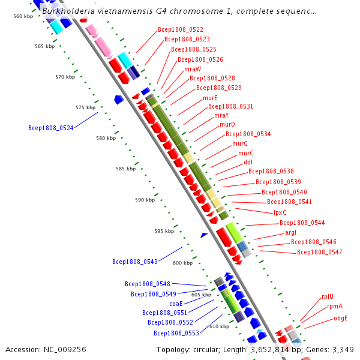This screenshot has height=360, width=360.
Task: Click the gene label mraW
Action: (193, 69)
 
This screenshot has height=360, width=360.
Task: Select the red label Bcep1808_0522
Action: (181, 29)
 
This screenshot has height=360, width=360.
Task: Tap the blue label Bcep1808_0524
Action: (51, 128)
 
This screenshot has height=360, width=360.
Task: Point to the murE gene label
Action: (210, 98)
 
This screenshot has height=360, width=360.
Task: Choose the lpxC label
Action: (280, 212)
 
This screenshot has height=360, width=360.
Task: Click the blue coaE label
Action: (176, 304)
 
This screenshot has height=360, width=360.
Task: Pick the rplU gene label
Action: (328, 296)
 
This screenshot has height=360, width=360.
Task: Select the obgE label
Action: (341, 318)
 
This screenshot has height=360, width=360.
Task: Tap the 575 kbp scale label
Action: (86, 107)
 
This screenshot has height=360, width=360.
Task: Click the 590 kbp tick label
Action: (145, 200)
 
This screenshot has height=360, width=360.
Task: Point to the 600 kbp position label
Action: (182, 263)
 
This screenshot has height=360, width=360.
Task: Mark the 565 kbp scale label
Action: (45, 46)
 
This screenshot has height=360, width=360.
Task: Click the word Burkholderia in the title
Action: (68, 11)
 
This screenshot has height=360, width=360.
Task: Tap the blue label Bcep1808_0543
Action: (135, 262)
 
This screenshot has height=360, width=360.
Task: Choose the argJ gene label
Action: (290, 233)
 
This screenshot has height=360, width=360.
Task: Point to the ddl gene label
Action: (248, 162)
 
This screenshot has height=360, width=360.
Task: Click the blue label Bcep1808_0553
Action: (176, 333)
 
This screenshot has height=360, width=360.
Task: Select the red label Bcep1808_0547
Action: (320, 252)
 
